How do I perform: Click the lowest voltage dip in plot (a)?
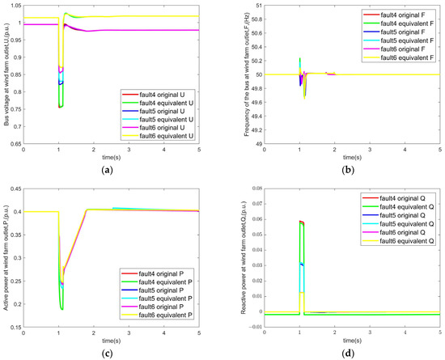pos(60,107)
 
